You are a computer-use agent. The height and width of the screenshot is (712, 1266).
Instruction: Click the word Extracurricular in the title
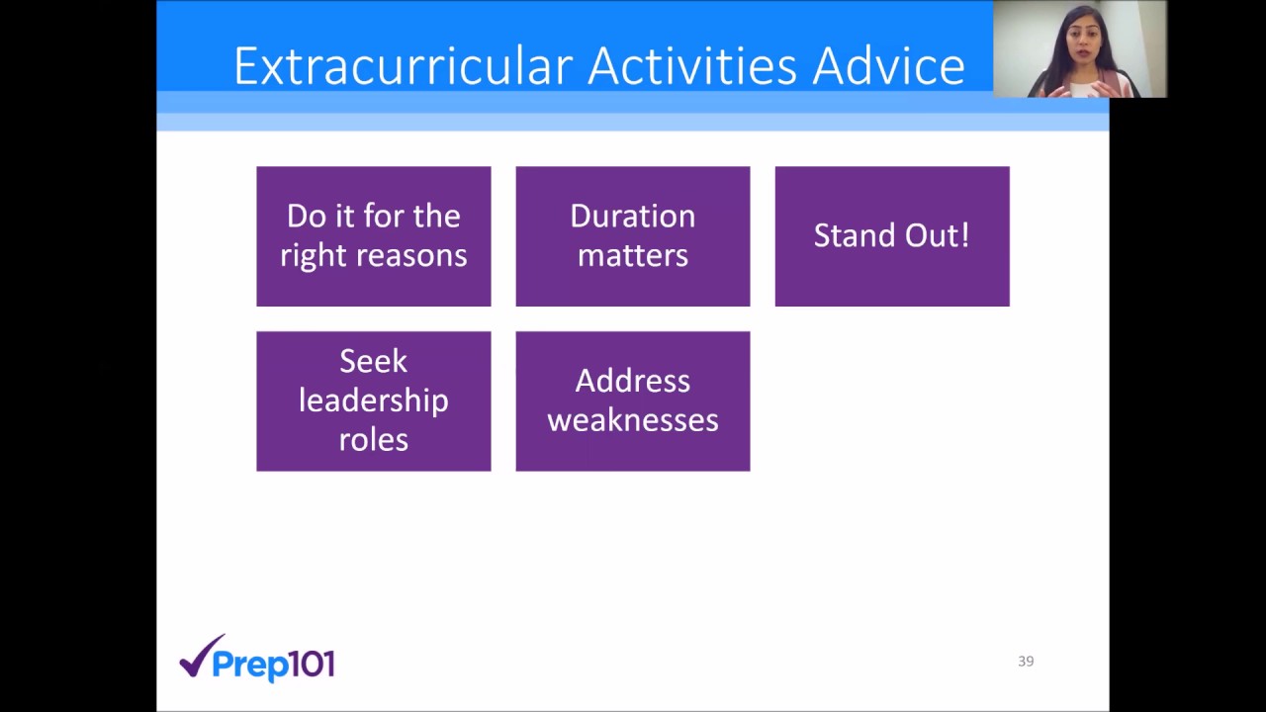click(x=404, y=67)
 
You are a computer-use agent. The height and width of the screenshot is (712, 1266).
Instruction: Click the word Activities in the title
click(x=691, y=67)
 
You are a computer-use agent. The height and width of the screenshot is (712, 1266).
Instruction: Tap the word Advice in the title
click(x=888, y=67)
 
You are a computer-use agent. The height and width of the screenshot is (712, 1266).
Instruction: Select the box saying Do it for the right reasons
click(x=373, y=236)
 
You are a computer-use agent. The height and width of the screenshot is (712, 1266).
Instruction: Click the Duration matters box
click(x=632, y=236)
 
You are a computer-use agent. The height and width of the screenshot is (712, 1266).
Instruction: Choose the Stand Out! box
click(x=891, y=236)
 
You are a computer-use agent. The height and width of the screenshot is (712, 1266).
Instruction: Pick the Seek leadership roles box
click(x=373, y=400)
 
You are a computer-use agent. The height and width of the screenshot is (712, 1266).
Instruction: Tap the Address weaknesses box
click(x=632, y=400)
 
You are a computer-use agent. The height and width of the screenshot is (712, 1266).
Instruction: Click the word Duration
click(x=632, y=217)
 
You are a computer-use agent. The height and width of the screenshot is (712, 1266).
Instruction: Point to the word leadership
click(x=373, y=400)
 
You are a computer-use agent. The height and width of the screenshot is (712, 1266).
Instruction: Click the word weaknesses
click(x=632, y=420)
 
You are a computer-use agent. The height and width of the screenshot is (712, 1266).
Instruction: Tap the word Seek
click(x=373, y=361)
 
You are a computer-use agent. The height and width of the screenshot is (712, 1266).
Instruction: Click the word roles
click(x=373, y=439)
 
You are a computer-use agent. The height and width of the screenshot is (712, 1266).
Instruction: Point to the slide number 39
click(x=1026, y=661)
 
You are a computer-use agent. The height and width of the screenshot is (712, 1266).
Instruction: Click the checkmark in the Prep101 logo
click(x=202, y=655)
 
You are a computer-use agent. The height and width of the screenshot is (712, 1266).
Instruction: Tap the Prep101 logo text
click(x=274, y=665)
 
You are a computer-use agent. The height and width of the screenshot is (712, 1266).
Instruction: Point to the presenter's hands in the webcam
click(x=1078, y=89)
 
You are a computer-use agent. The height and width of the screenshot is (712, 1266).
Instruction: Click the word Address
click(x=632, y=381)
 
